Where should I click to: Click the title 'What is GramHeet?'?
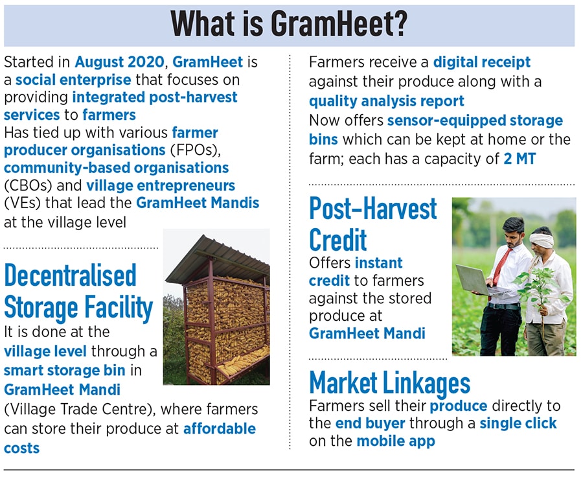tap(289, 24)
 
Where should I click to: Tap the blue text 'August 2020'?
tap(119, 62)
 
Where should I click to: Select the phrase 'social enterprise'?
tap(73, 80)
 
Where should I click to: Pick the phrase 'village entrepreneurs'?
tap(161, 185)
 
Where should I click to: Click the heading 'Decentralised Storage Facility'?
tap(78, 292)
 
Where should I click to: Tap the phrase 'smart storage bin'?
tap(65, 371)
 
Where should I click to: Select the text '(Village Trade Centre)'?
tap(80, 410)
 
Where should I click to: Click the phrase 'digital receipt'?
tap(482, 62)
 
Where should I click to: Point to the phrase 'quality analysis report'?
tap(387, 101)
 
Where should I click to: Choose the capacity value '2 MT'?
tap(520, 159)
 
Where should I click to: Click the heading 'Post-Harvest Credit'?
tap(373, 224)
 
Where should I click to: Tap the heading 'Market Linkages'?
tap(390, 383)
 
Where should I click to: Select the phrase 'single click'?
tap(518, 423)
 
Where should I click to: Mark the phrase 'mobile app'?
tap(396, 441)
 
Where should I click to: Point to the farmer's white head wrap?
tap(542, 240)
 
